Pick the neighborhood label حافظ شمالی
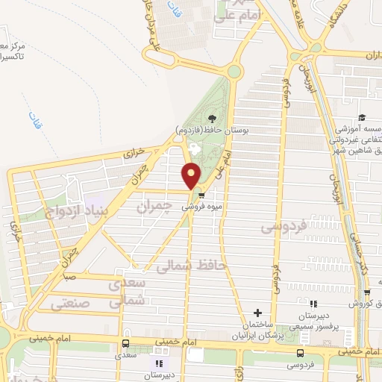(192, 266)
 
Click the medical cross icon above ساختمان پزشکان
(258, 313)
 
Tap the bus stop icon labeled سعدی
(125, 343)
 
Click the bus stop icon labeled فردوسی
(300, 353)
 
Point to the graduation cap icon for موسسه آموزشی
(361, 118)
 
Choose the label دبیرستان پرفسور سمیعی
(313, 320)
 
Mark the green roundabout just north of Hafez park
(235, 72)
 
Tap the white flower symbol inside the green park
(195, 148)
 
